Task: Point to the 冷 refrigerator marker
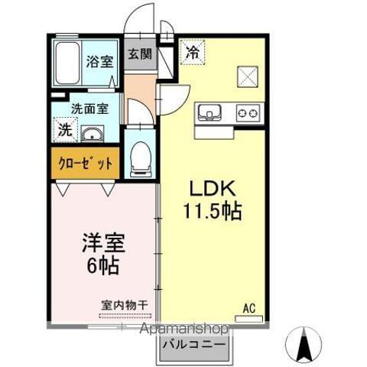(192, 54)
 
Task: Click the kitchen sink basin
(209, 112)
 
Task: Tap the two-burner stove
(248, 112)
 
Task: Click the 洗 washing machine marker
(64, 129)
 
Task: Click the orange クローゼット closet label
(85, 163)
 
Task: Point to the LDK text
(211, 188)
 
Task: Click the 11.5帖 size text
(211, 211)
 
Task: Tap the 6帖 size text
(103, 268)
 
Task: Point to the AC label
(249, 308)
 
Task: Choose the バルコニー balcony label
(195, 344)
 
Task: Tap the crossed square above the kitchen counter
(246, 75)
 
